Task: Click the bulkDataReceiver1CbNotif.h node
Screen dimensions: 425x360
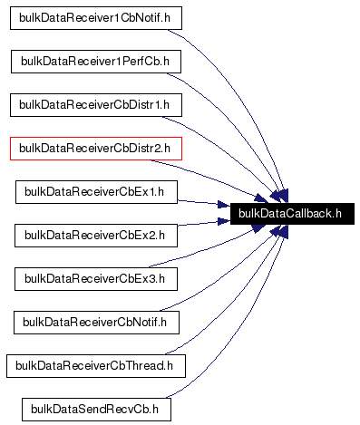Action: pyautogui.click(x=94, y=17)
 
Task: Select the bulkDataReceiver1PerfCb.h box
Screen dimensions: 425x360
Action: pyautogui.click(x=96, y=61)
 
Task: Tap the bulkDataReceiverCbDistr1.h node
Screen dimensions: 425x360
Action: pyautogui.click(x=96, y=104)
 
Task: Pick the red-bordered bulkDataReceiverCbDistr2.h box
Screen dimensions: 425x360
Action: pyautogui.click(x=96, y=148)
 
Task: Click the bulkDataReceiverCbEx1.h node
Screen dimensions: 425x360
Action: pyautogui.click(x=96, y=191)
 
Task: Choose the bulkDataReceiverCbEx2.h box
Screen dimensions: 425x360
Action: pyautogui.click(x=96, y=235)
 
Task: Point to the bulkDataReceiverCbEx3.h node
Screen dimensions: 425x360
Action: pyautogui.click(x=96, y=278)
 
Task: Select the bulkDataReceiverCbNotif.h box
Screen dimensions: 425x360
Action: pyautogui.click(x=96, y=322)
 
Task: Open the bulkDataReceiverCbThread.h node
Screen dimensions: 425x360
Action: pyautogui.click(x=96, y=365)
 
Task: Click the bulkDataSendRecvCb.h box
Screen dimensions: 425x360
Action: pyautogui.click(x=96, y=409)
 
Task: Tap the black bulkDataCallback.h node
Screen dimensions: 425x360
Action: pyautogui.click(x=291, y=214)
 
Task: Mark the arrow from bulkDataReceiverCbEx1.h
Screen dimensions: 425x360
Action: pyautogui.click(x=204, y=203)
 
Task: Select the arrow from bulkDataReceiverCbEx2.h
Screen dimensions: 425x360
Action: pyautogui.click(x=204, y=227)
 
